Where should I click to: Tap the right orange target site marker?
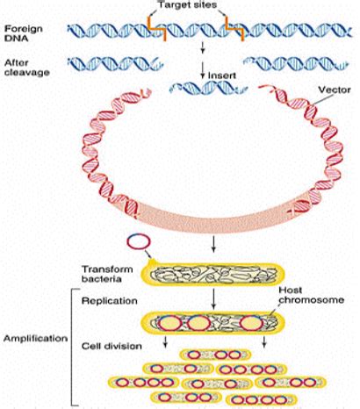pos(234,32)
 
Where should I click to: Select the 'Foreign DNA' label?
pos(18,33)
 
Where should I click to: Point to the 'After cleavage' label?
pos(24,67)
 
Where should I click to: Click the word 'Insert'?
pos(218,75)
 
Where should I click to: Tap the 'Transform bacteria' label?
pos(106,273)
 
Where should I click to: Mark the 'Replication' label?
pos(106,301)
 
